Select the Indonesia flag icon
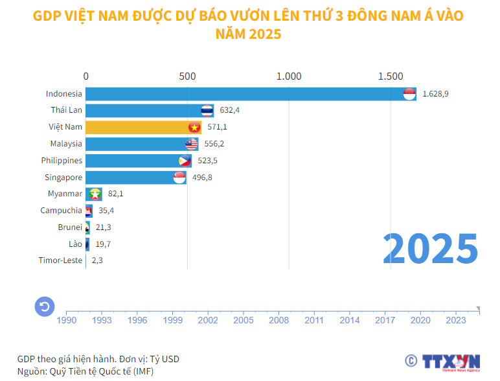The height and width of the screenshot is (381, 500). point(409,94)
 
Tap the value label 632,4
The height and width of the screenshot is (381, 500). point(230,110)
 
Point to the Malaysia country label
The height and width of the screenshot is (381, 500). point(66,144)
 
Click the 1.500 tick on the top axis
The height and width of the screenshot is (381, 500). point(391,76)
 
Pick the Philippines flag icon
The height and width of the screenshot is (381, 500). point(185,161)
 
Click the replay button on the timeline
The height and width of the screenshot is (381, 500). point(44,306)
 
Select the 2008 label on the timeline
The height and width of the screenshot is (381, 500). point(278,319)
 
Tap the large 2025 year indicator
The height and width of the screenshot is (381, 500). point(430,247)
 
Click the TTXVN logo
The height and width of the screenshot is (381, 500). point(451,362)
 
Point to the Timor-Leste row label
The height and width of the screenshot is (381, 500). point(61,260)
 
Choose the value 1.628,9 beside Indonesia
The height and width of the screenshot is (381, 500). point(435,94)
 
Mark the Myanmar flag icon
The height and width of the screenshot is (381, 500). point(95,194)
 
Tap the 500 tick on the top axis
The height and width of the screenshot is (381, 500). point(187,76)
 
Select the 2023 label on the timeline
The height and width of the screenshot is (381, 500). point(455,319)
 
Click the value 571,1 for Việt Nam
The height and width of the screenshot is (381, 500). point(217,127)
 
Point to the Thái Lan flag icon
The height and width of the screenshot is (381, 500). point(207,110)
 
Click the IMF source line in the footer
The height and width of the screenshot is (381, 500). point(85,371)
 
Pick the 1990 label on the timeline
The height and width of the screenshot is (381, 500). point(67,319)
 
